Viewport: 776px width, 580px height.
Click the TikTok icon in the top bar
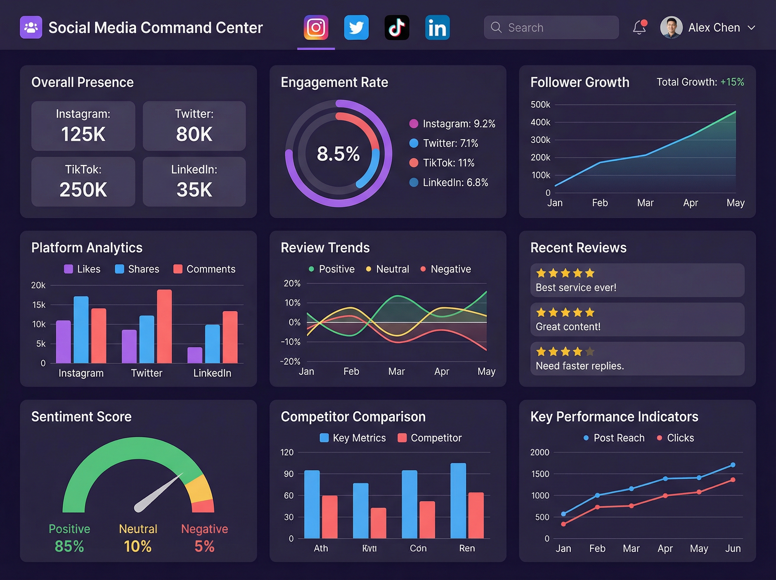(397, 28)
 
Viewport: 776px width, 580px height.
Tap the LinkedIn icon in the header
(437, 28)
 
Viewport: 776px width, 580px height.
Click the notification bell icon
(639, 28)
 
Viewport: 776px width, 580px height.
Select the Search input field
(551, 28)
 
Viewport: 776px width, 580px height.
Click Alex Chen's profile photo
(671, 28)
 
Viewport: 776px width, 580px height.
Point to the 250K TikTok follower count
(83, 190)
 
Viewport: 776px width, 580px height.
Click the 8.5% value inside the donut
(338, 154)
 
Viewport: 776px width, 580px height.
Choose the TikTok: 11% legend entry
(448, 163)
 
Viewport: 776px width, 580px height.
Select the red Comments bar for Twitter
(165, 327)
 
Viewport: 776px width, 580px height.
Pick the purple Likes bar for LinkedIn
(195, 355)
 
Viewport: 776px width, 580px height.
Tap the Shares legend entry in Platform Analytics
(137, 269)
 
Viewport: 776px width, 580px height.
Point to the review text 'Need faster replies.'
(580, 366)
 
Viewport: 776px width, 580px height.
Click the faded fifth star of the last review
(590, 351)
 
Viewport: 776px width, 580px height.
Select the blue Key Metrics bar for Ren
(458, 501)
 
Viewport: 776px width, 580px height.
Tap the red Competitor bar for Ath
(329, 517)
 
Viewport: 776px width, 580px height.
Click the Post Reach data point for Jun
(733, 465)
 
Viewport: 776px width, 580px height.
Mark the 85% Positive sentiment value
(70, 546)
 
